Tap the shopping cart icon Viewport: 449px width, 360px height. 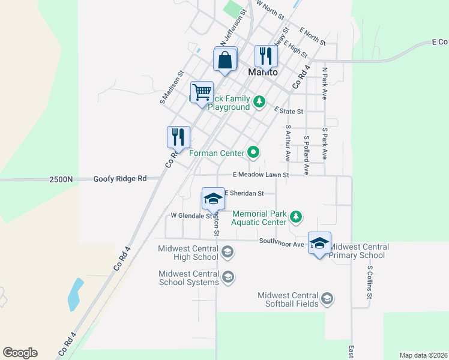(202, 92)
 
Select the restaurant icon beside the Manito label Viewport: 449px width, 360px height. (265, 56)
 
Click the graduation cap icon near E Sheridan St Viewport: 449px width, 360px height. (212, 198)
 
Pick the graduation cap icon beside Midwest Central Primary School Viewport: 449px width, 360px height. (319, 243)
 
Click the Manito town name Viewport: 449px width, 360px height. (263, 72)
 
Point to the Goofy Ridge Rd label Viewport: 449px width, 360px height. (120, 179)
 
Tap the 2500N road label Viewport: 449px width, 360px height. (61, 179)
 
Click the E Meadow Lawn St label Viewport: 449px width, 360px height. (261, 175)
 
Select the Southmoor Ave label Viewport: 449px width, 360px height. (282, 241)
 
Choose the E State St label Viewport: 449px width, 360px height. (289, 111)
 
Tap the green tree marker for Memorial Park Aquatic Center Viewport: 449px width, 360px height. (295, 217)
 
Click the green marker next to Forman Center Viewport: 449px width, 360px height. (253, 153)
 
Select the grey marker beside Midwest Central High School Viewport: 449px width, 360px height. (227, 253)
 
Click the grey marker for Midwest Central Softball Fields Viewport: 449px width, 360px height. (327, 299)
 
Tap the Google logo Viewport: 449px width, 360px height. (20, 353)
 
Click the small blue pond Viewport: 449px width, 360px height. (75, 294)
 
